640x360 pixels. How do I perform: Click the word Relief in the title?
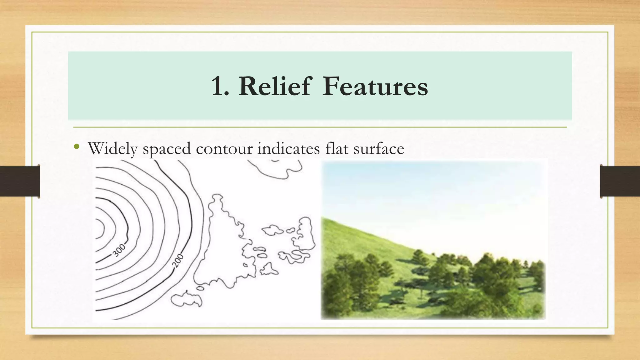click(275, 86)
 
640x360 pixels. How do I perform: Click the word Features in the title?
click(375, 86)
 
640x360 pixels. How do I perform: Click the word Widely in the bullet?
click(112, 148)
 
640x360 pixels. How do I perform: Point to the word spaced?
click(167, 149)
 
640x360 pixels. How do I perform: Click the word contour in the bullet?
click(224, 148)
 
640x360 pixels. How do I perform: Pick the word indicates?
click(288, 148)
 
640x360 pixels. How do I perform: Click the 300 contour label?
click(119, 250)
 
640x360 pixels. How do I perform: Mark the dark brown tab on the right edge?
click(620, 181)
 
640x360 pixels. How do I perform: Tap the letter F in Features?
click(330, 86)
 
